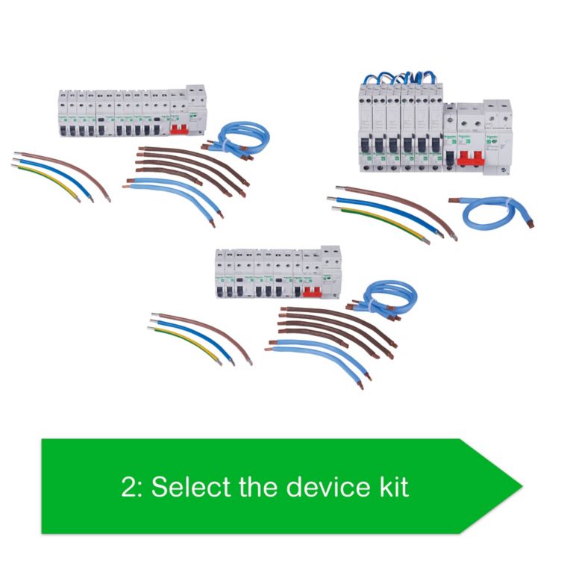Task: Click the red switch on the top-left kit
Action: (x=180, y=129)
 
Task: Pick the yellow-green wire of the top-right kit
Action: (x=380, y=223)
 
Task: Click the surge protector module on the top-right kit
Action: (x=498, y=134)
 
